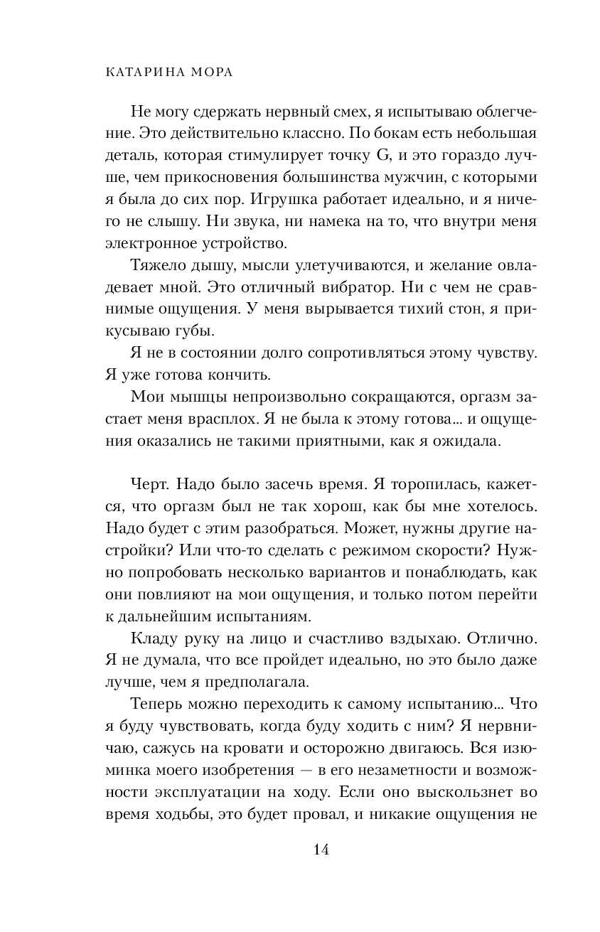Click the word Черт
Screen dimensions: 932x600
(x=149, y=486)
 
